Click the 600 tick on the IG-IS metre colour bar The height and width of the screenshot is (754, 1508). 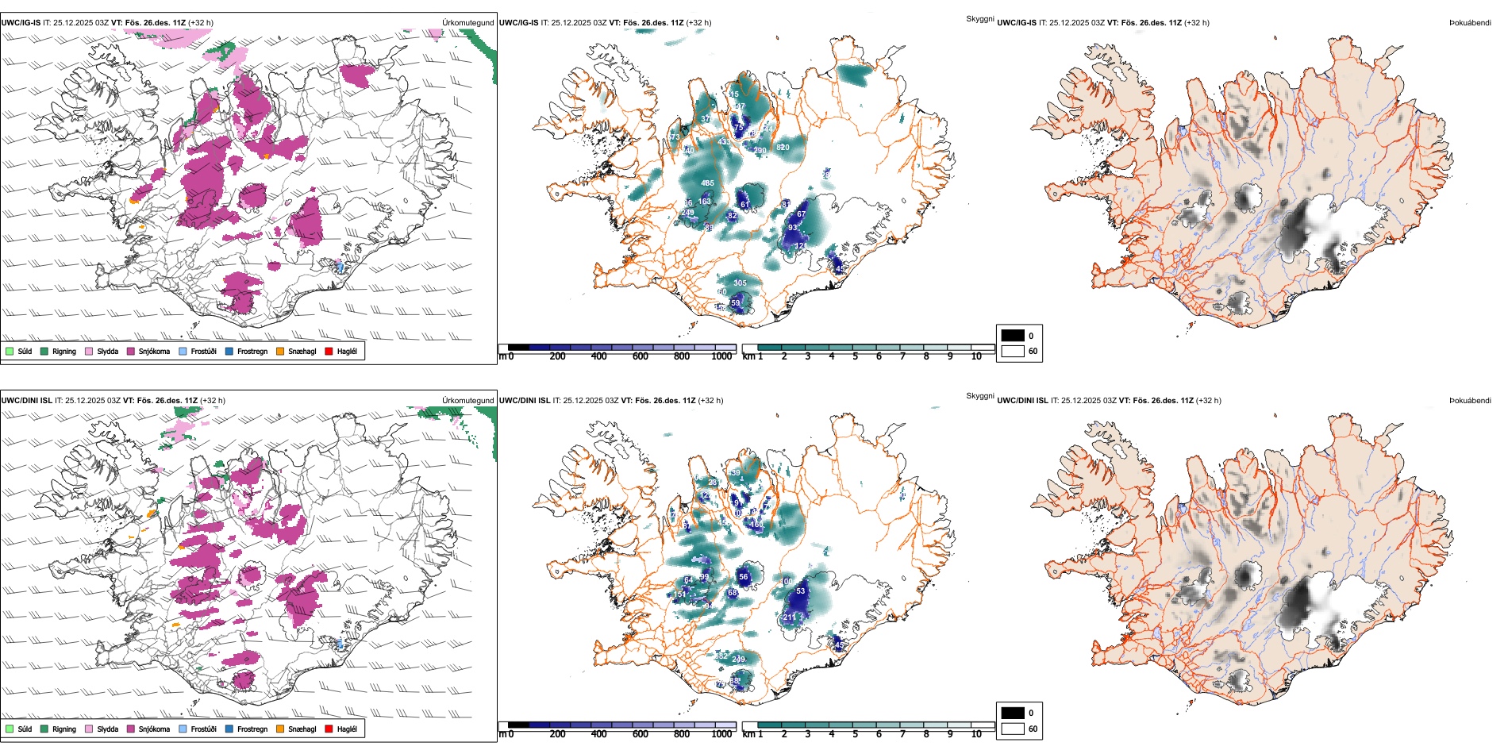coord(641,356)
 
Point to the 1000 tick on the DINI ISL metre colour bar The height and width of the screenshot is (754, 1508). coord(721,734)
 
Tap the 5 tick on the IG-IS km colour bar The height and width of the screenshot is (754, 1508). coord(855,356)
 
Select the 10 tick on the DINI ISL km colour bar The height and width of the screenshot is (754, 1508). coord(976,734)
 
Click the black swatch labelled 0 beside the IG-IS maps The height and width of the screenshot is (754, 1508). coord(1013,336)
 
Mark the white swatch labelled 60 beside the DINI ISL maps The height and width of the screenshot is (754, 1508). coord(1013,729)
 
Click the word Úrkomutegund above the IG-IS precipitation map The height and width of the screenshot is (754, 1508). coord(467,23)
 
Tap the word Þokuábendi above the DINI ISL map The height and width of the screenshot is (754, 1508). coord(1470,401)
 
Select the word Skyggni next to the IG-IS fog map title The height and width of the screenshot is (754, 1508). coord(979,18)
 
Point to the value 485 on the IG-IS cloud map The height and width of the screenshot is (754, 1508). coord(707,183)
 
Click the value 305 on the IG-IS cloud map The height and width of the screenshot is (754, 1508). coord(740,283)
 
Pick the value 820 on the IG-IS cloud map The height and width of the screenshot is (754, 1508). coord(783,147)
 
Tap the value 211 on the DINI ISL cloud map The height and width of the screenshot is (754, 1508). coord(790,617)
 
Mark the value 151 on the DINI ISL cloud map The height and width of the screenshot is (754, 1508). coord(680,594)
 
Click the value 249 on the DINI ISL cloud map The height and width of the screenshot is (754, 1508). coord(738,660)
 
